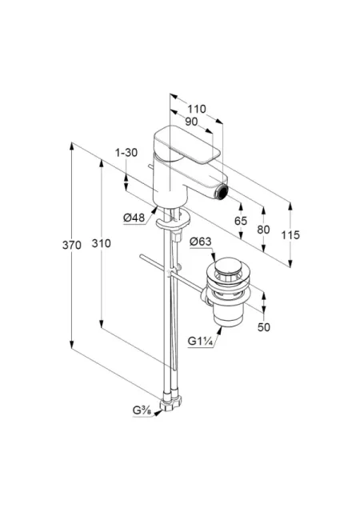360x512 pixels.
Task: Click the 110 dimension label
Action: click(197, 109)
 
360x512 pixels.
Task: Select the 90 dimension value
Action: click(191, 122)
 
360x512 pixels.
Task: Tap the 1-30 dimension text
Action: click(126, 153)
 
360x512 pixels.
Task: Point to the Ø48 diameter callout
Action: click(134, 218)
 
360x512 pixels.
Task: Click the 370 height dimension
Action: click(71, 245)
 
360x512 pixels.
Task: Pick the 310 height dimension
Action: click(101, 243)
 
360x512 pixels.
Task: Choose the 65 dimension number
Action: click(241, 221)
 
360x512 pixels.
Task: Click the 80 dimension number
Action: click(263, 230)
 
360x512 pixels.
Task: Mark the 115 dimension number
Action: click(290, 234)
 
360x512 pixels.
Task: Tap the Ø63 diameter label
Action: click(201, 242)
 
